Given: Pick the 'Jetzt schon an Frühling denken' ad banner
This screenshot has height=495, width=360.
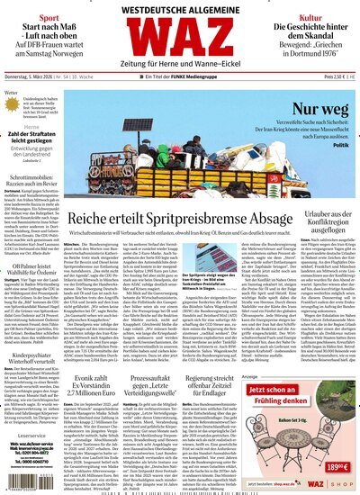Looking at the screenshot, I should click(x=301, y=418).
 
